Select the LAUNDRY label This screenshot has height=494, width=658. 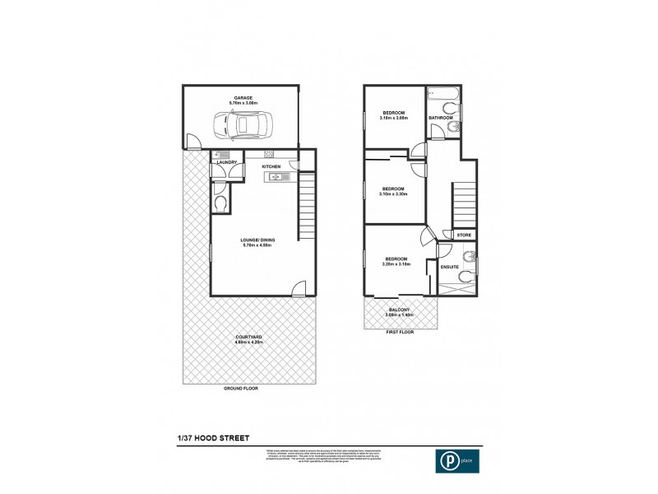tap(226, 162)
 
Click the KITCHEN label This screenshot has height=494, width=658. tap(271, 166)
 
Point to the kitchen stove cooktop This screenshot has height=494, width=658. tap(268, 154)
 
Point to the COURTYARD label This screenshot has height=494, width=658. tap(248, 339)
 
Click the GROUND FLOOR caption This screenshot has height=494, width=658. tap(241, 387)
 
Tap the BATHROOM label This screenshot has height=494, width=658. tap(442, 118)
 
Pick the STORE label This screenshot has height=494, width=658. tap(464, 235)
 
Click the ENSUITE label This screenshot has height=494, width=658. tap(449, 267)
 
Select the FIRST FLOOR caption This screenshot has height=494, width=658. tap(400, 333)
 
